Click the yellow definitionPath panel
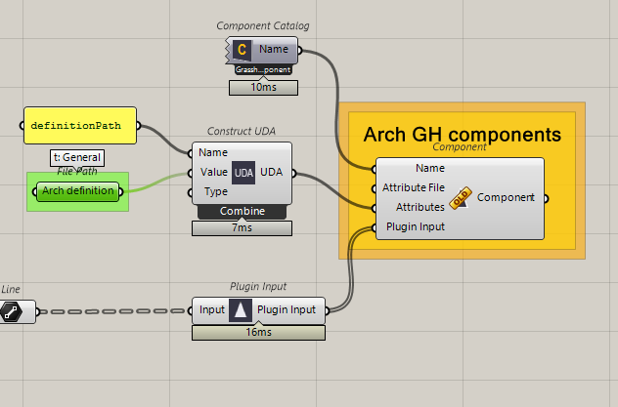click(x=80, y=126)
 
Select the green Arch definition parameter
click(x=77, y=191)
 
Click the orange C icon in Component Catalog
click(x=242, y=50)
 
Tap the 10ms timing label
click(x=263, y=88)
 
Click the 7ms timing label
click(x=242, y=228)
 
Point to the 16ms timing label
click(x=258, y=333)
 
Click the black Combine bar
click(x=242, y=211)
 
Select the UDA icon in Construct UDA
click(x=243, y=173)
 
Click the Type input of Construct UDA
click(x=215, y=192)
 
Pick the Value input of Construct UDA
click(x=213, y=172)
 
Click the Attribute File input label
click(x=414, y=187)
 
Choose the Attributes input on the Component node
click(x=420, y=207)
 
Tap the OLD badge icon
click(x=461, y=198)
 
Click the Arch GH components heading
click(x=462, y=135)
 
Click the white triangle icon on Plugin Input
click(x=241, y=310)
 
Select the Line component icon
click(x=12, y=312)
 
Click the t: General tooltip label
click(x=77, y=157)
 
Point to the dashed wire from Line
click(x=112, y=311)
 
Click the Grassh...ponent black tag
click(x=263, y=70)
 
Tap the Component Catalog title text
click(x=263, y=26)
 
